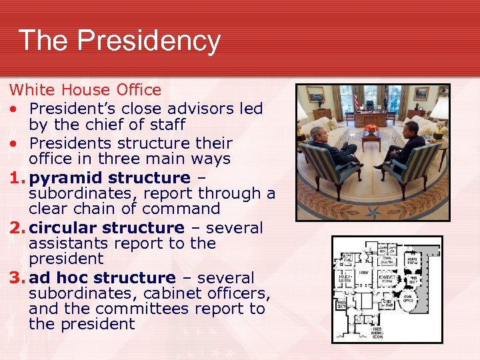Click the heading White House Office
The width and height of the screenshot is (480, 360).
(85, 90)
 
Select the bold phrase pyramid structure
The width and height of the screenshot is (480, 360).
(110, 178)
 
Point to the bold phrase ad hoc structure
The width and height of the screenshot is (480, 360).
(102, 277)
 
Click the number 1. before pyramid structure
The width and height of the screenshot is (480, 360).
(18, 178)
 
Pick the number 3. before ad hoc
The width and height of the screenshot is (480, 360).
(18, 277)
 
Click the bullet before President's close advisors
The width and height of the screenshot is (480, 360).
(13, 108)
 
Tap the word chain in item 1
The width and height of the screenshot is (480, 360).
(86, 209)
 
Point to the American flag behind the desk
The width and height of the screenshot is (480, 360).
(356, 101)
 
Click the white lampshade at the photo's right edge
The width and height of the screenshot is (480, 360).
(441, 107)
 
